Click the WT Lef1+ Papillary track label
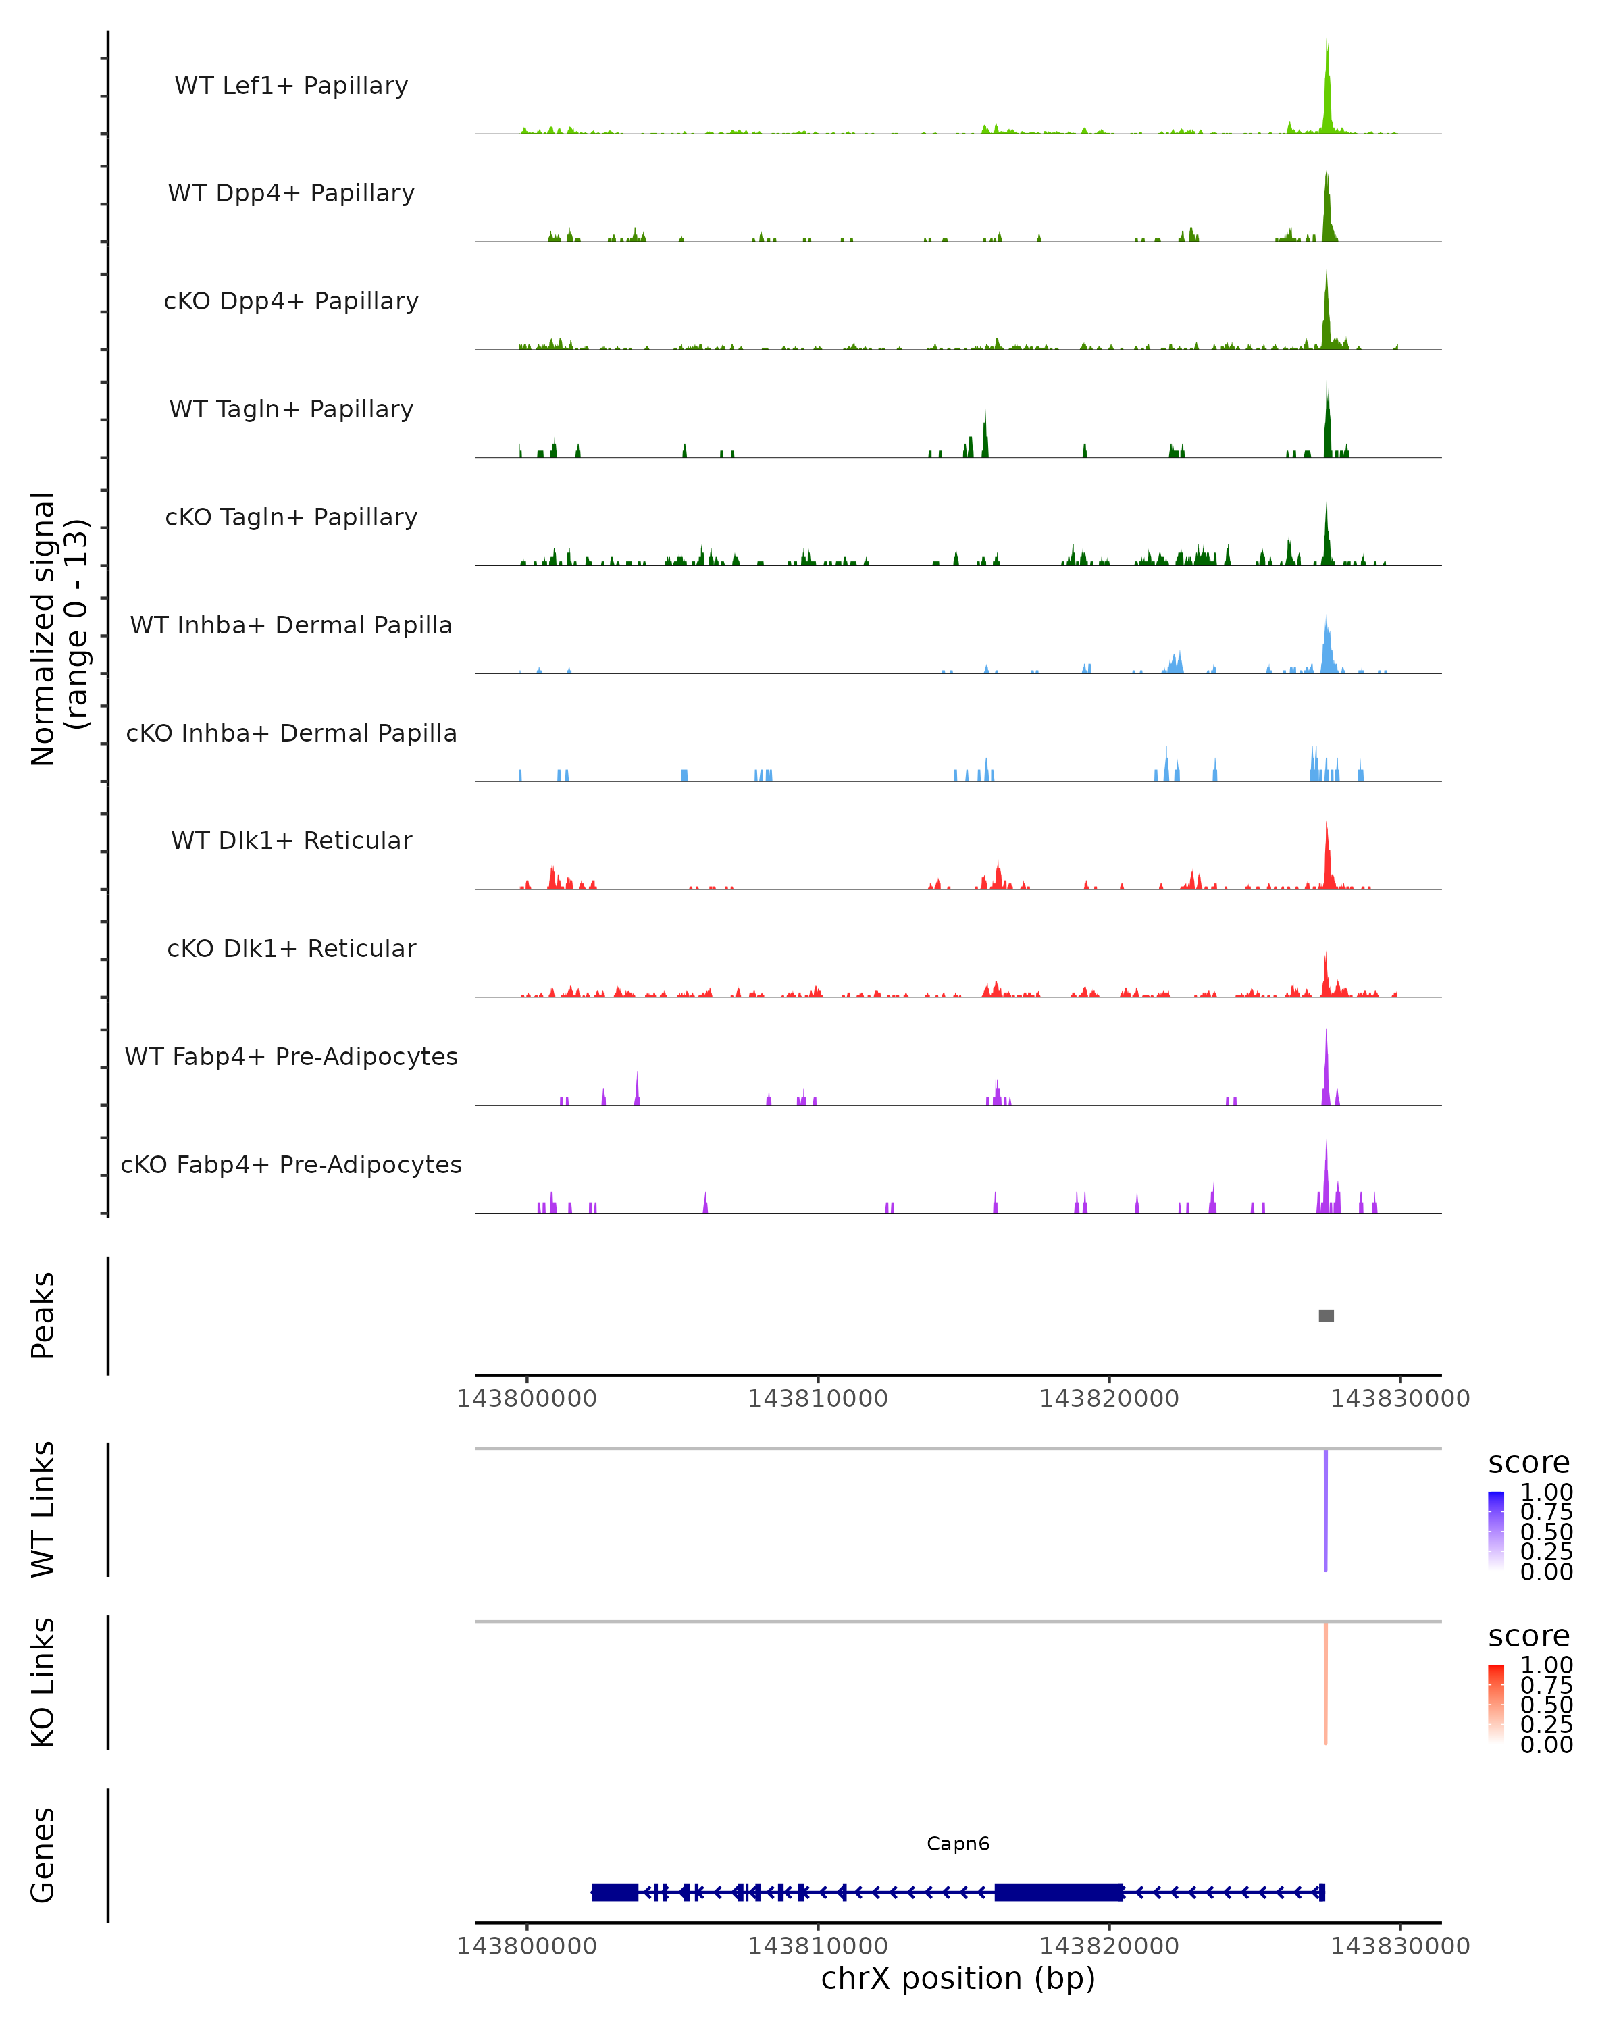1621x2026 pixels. (291, 86)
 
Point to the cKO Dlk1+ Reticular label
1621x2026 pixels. (291, 948)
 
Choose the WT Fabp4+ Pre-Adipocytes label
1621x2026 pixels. (291, 1056)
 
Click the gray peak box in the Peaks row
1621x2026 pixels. (1326, 1316)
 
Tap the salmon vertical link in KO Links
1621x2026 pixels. (1326, 1682)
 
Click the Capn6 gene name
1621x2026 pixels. (958, 1844)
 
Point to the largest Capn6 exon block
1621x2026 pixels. (1059, 1892)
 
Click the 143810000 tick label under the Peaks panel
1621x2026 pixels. (817, 1399)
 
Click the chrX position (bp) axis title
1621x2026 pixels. (958, 1978)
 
